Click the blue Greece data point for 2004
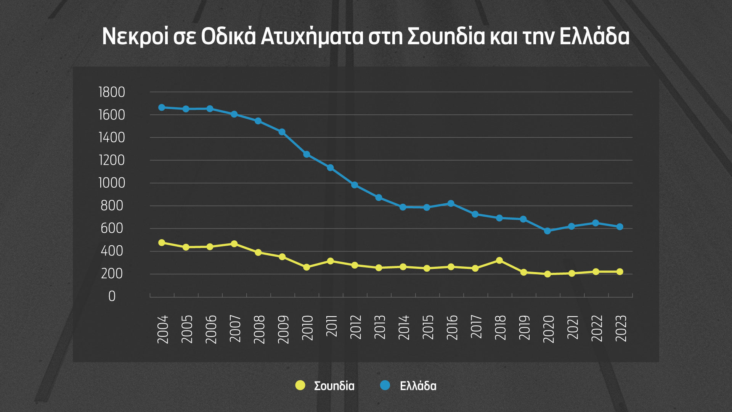[x=162, y=108]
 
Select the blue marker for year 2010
[x=307, y=154]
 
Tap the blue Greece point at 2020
[x=547, y=231]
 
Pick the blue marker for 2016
[x=451, y=204]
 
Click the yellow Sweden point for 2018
[x=499, y=261]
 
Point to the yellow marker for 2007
[x=234, y=244]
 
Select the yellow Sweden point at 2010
[x=307, y=267]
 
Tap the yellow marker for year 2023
[x=620, y=272]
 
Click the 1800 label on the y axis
[x=112, y=92]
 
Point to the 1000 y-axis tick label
[x=112, y=183]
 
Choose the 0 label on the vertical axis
[x=112, y=296]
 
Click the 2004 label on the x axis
[x=163, y=329]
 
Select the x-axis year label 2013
[x=380, y=327]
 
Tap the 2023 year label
[x=621, y=328]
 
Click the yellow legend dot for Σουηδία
[x=300, y=385]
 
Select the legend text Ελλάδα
[x=418, y=386]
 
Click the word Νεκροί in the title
[x=135, y=37]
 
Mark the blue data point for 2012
[x=355, y=185]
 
